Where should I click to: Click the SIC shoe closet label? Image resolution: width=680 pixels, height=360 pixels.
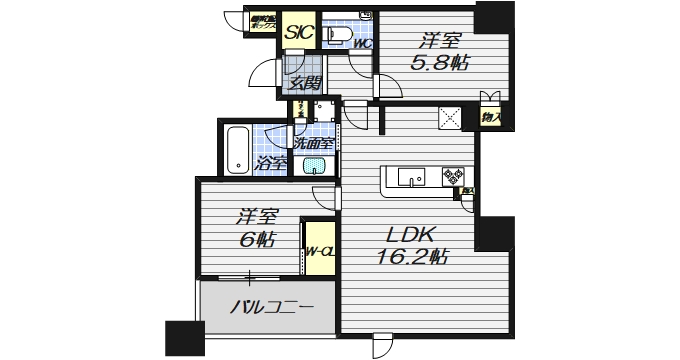pos(297,32)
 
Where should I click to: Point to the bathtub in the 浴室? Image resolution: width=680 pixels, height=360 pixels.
pos(238,149)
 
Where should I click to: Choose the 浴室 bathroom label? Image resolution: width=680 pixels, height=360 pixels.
pos(272,162)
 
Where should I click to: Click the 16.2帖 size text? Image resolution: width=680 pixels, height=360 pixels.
pos(414,256)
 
